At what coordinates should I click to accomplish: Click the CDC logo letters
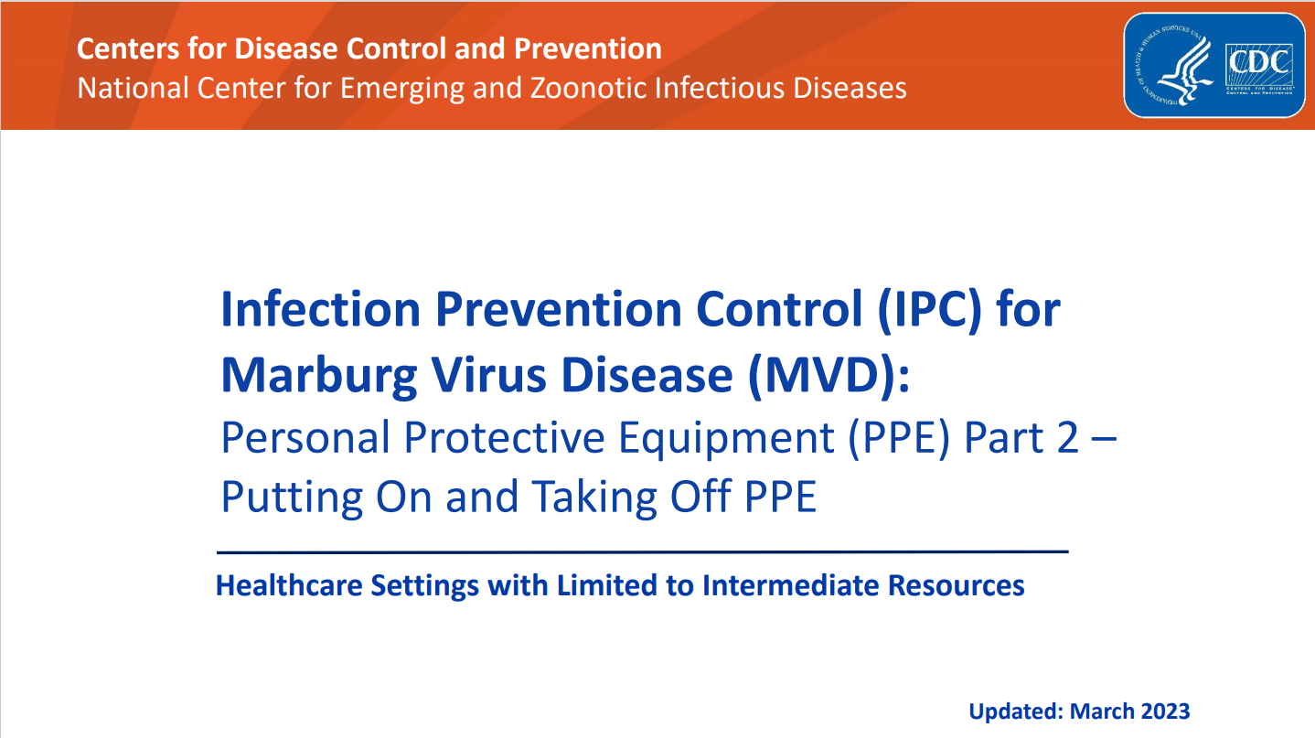click(1260, 63)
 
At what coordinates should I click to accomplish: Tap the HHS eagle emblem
click(1178, 66)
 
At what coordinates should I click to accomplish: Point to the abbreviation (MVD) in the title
click(829, 375)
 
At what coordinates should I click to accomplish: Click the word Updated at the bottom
click(1015, 711)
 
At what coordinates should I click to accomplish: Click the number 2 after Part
click(1066, 439)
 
